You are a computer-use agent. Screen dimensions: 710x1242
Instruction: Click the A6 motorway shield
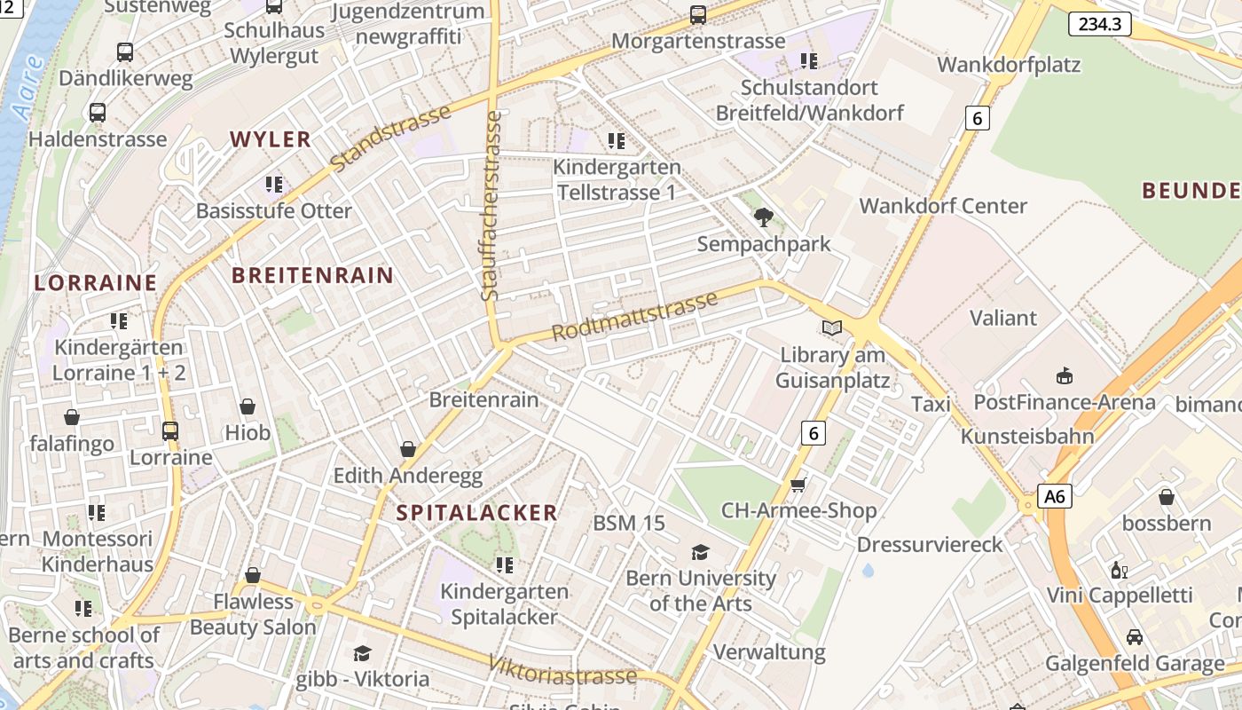tap(1055, 496)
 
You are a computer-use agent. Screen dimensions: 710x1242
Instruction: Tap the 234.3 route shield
tap(1099, 24)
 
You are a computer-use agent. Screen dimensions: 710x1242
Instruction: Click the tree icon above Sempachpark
tap(763, 217)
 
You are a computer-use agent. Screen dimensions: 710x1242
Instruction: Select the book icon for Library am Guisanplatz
tap(831, 328)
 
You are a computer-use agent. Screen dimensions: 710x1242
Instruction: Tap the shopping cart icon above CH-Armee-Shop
tap(798, 485)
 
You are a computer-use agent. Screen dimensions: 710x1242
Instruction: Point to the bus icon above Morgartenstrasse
tap(698, 14)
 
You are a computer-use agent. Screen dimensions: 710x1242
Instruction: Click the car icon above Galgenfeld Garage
tap(1134, 637)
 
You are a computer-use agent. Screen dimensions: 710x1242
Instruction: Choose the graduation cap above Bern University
tap(700, 552)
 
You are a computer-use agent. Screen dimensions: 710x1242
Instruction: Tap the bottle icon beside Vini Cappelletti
tap(1119, 570)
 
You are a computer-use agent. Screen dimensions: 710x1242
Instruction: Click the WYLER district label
tap(271, 139)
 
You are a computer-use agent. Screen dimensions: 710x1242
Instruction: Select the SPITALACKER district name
tap(476, 512)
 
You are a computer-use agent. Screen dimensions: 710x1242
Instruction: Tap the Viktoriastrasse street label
tap(562, 668)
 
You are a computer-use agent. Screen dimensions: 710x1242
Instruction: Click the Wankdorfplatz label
tap(1009, 65)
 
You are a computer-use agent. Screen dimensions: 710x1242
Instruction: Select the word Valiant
tap(1002, 318)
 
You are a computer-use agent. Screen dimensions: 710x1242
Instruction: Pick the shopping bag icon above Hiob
tap(248, 406)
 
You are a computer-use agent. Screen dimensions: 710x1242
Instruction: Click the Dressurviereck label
tap(930, 544)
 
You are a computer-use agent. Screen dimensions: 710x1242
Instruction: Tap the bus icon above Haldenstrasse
tap(98, 113)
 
